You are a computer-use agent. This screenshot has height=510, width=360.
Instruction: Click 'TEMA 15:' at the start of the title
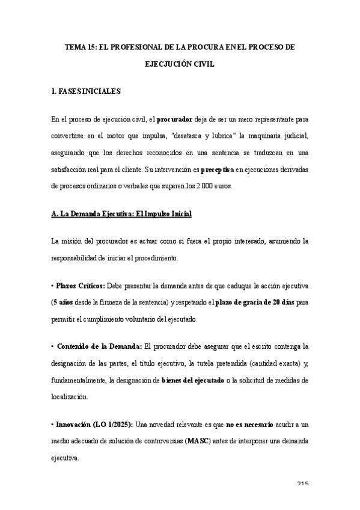(x=80, y=46)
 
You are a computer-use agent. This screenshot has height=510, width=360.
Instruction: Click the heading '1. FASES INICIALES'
(x=86, y=91)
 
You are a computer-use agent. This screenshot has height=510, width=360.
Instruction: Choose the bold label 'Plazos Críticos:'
(x=80, y=285)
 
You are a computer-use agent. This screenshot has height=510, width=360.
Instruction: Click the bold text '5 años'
(x=66, y=301)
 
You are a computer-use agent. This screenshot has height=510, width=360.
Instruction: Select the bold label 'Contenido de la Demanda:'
(x=99, y=346)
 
